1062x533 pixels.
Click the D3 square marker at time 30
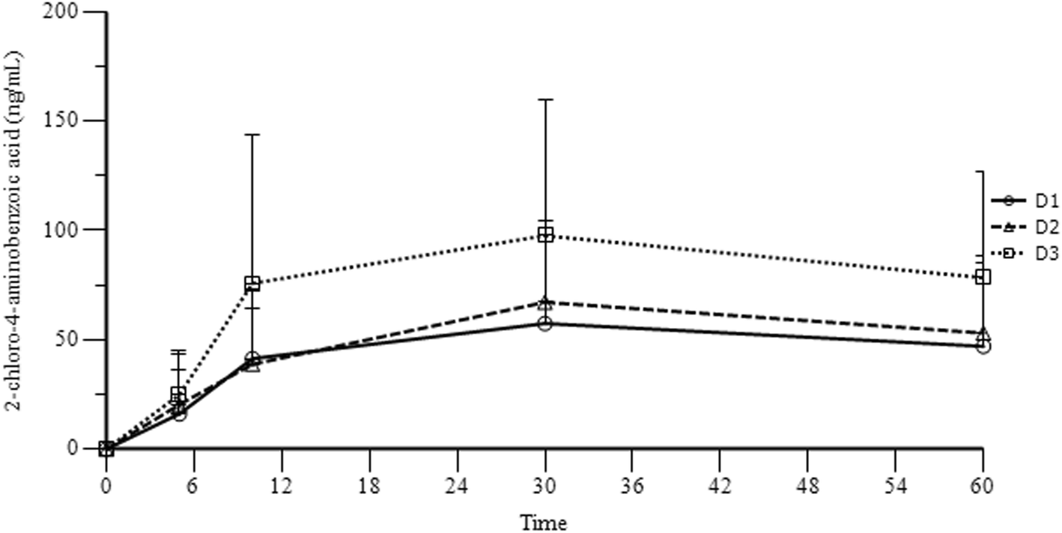(x=545, y=235)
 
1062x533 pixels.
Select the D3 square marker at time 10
(x=252, y=284)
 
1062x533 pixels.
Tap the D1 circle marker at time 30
(x=545, y=324)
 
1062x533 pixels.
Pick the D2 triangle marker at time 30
(x=545, y=303)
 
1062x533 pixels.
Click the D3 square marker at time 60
(x=983, y=277)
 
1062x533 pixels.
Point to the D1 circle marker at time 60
(x=983, y=347)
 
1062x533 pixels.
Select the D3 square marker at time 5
(x=178, y=394)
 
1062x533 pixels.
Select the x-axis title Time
(x=544, y=521)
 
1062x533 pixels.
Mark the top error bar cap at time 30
(x=545, y=99)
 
